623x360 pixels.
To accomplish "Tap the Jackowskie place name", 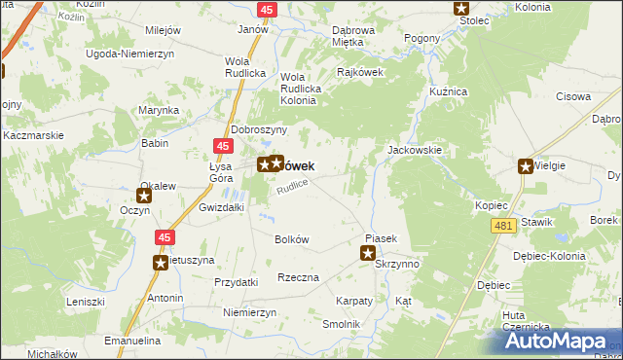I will point(416,151).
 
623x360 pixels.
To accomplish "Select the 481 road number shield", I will point(502,226).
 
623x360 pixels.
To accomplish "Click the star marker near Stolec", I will point(462,9).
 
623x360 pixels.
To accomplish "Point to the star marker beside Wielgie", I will point(527,166).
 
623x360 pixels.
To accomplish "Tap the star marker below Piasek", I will point(368,255).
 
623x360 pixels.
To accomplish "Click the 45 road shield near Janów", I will point(267,9).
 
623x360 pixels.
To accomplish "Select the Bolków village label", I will point(292,239).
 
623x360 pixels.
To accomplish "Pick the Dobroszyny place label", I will point(258,129).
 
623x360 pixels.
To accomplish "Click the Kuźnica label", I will point(449,90).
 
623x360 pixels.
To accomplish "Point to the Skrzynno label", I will point(396,264).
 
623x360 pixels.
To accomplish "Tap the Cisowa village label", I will point(573,96).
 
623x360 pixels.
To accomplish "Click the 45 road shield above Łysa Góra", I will point(224,146).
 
